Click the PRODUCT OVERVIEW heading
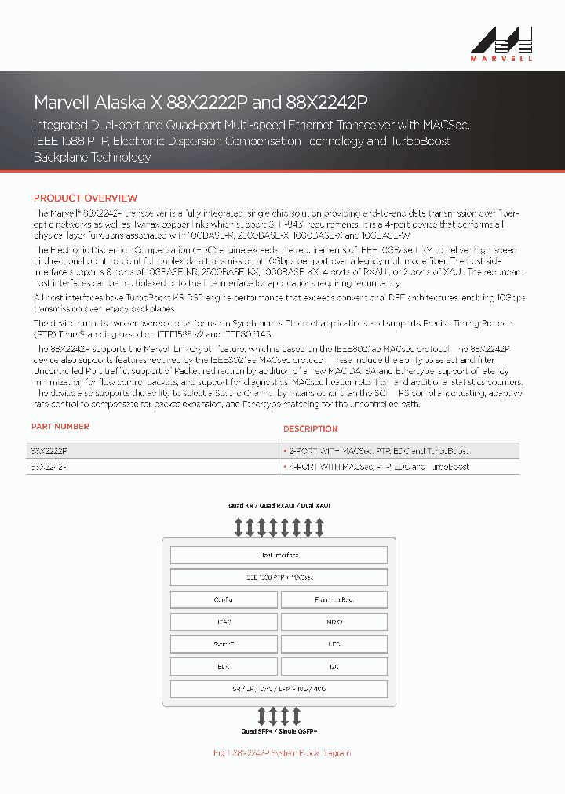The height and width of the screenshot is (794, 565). (x=86, y=198)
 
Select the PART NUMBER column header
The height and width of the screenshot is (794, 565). (x=60, y=427)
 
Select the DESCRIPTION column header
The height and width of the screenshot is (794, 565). (x=311, y=429)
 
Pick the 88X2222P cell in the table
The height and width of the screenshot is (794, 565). (x=49, y=451)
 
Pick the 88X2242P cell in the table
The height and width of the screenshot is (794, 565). (x=49, y=466)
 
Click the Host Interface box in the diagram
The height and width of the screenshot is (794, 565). (x=279, y=555)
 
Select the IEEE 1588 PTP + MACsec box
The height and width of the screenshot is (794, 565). (x=279, y=577)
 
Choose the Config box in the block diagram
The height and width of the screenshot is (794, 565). (x=224, y=599)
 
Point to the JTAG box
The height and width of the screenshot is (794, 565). (x=224, y=622)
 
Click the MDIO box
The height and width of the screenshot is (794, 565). (x=334, y=622)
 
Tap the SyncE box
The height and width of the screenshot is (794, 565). (x=224, y=644)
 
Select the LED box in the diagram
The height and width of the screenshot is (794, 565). (x=334, y=644)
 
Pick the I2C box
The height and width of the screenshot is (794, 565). (x=334, y=667)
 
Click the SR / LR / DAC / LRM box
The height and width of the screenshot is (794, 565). (x=279, y=689)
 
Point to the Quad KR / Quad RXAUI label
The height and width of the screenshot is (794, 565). (x=279, y=506)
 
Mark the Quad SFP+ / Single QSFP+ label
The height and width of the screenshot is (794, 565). (x=279, y=731)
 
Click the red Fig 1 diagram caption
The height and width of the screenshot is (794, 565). (x=282, y=753)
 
